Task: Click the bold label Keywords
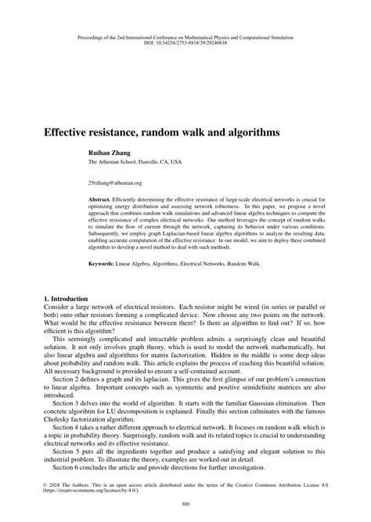103,264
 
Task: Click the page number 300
185,504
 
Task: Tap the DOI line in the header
185,41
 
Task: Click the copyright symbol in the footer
43,485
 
